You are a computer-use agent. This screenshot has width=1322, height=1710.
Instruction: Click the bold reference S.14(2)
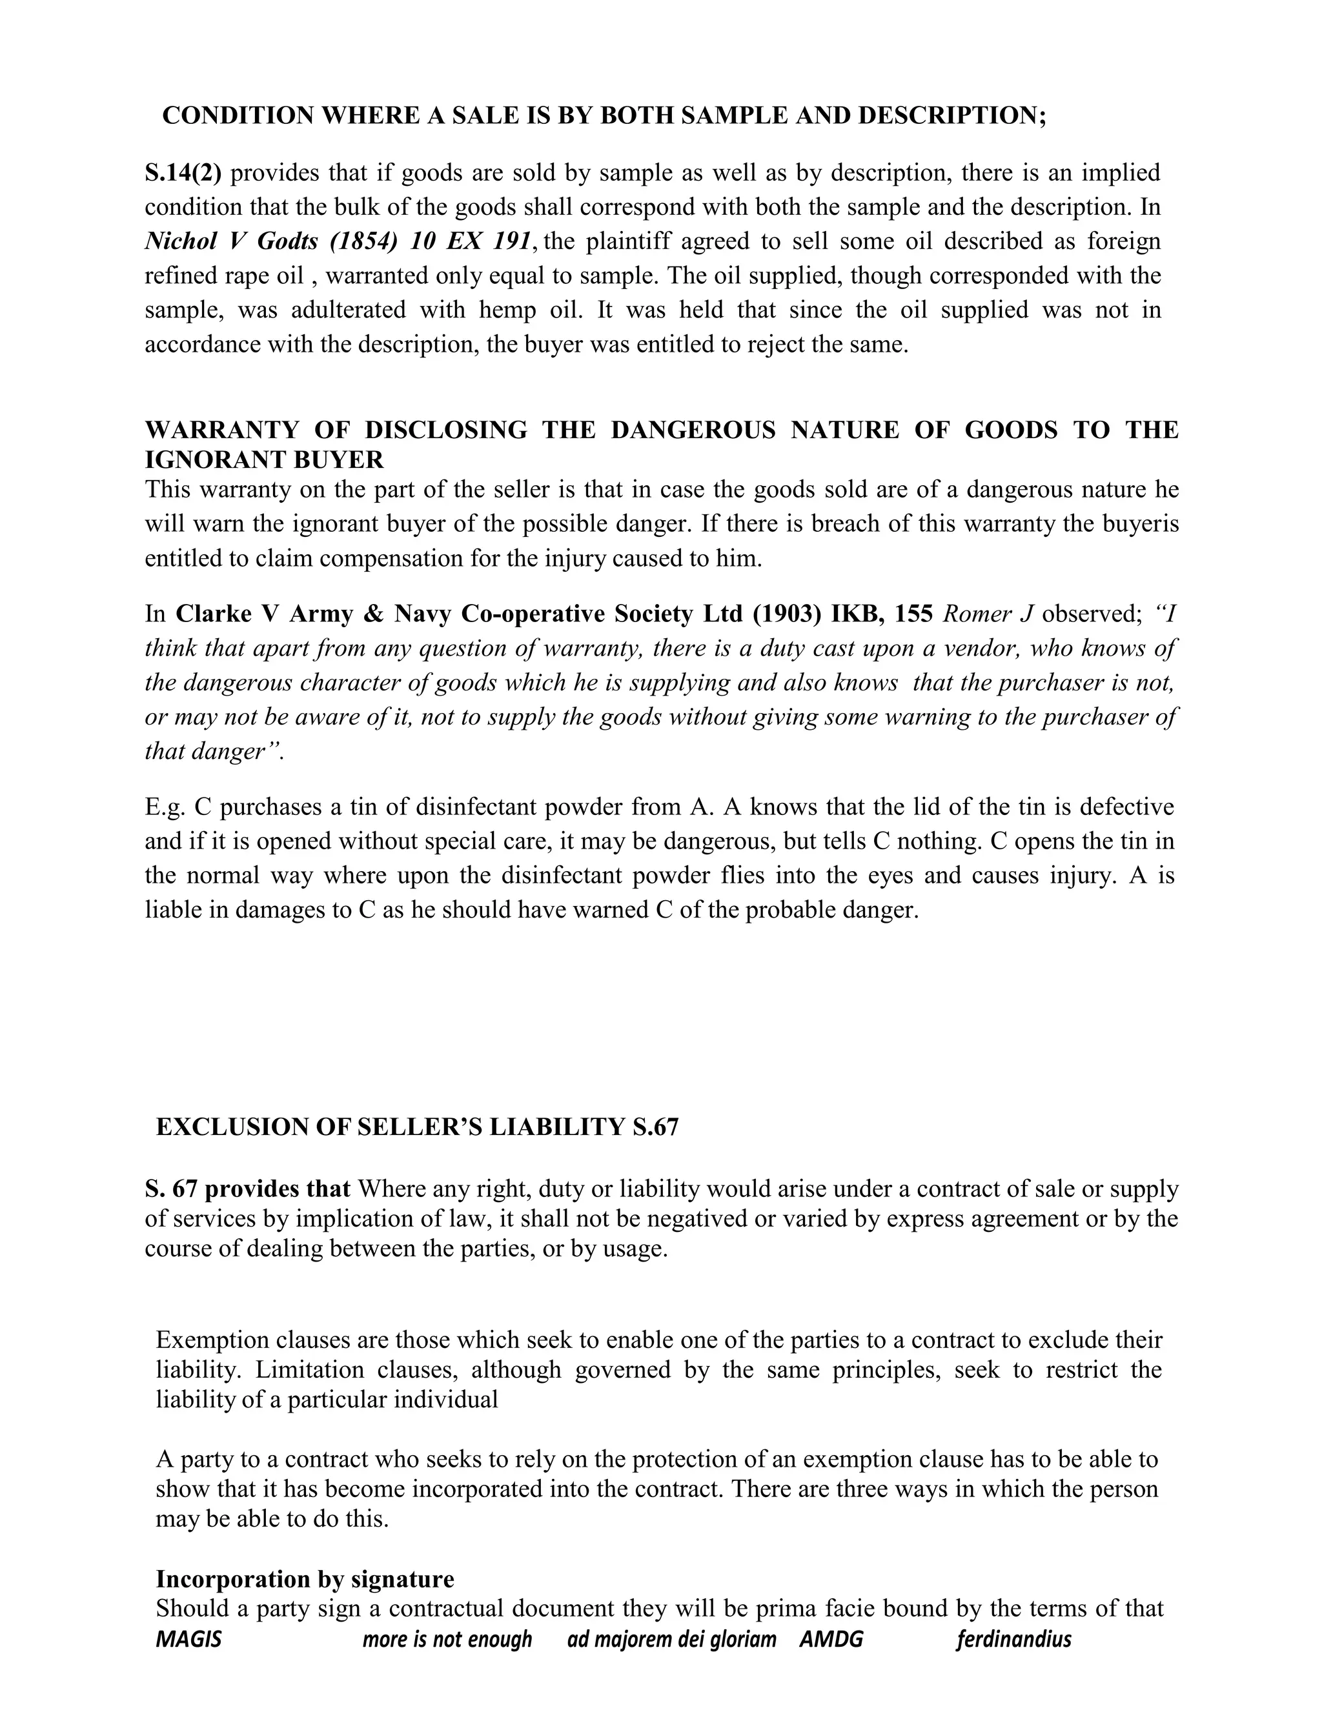[x=183, y=173]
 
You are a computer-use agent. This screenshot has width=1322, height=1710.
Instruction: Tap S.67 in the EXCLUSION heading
[x=655, y=1127]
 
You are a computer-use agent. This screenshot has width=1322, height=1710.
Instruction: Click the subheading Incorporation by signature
[x=305, y=1579]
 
